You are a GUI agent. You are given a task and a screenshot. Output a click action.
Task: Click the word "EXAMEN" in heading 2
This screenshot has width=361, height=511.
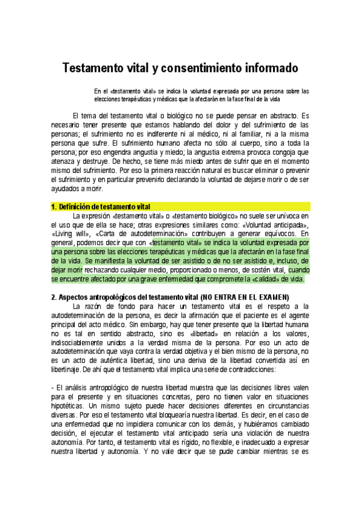coord(270,297)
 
